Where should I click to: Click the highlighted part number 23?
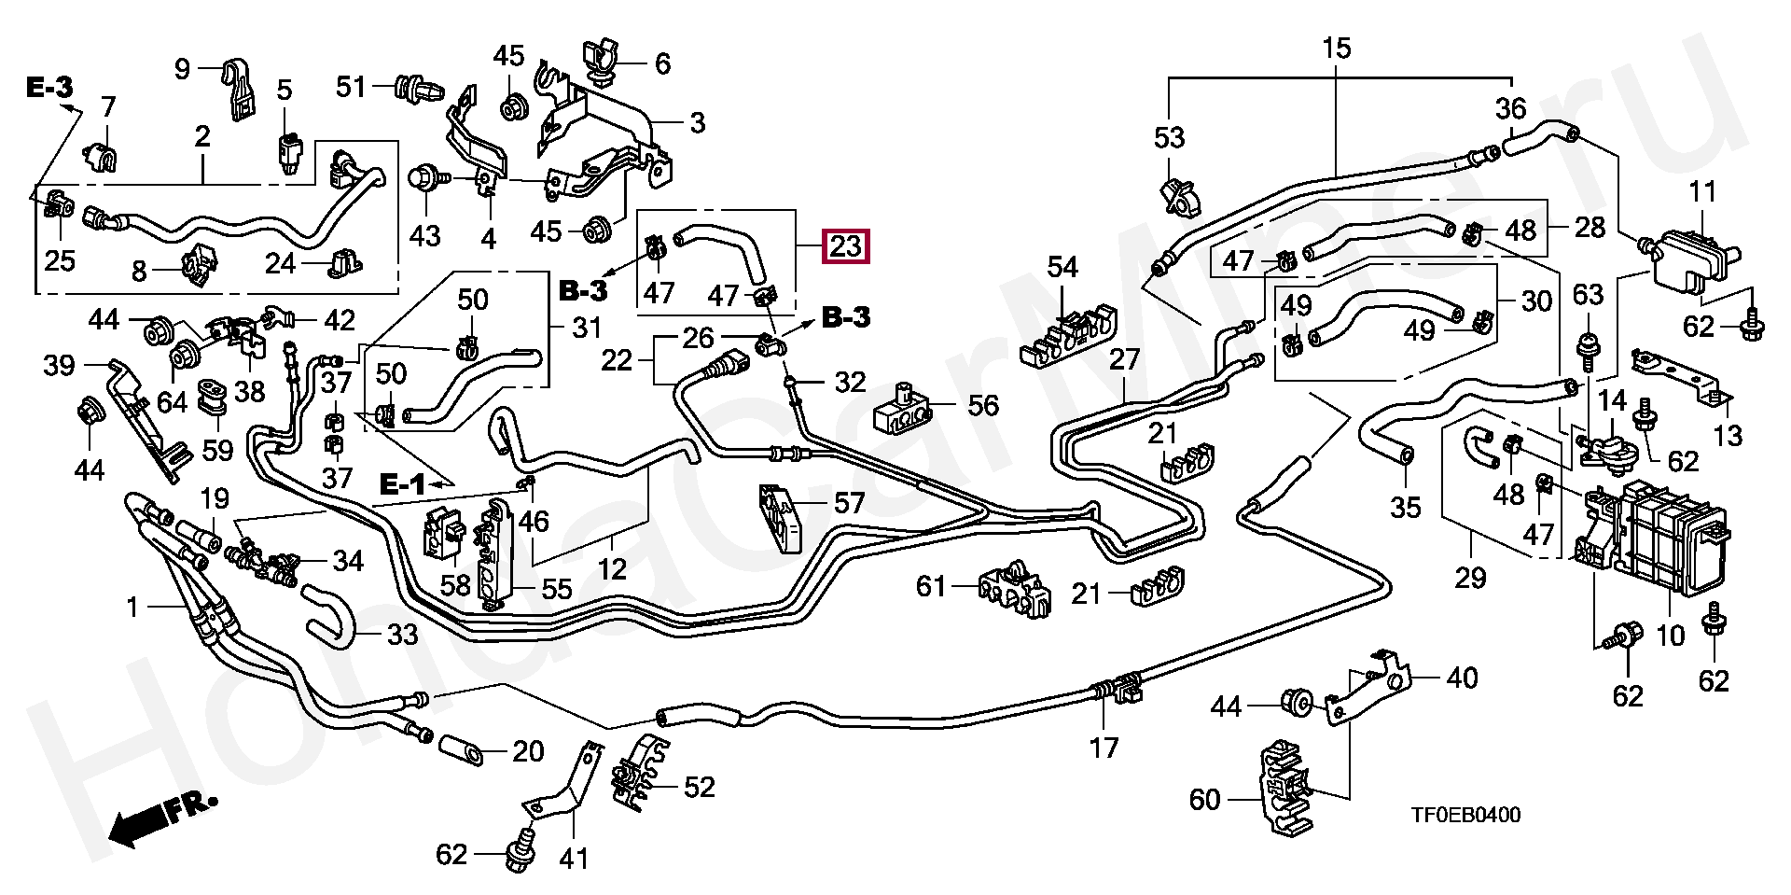[845, 246]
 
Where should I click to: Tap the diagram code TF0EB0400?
[1465, 815]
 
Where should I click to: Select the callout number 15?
[1336, 49]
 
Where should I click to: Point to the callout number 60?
[1204, 800]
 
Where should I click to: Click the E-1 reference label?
[402, 483]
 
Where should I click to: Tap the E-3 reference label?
[49, 88]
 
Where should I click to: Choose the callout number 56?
[982, 405]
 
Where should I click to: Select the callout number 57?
[848, 504]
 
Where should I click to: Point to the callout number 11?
[1702, 192]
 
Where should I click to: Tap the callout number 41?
[574, 858]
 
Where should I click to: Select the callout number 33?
[402, 635]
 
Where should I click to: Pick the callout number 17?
[1104, 748]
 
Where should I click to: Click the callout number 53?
[1169, 138]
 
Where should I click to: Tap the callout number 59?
[217, 450]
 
